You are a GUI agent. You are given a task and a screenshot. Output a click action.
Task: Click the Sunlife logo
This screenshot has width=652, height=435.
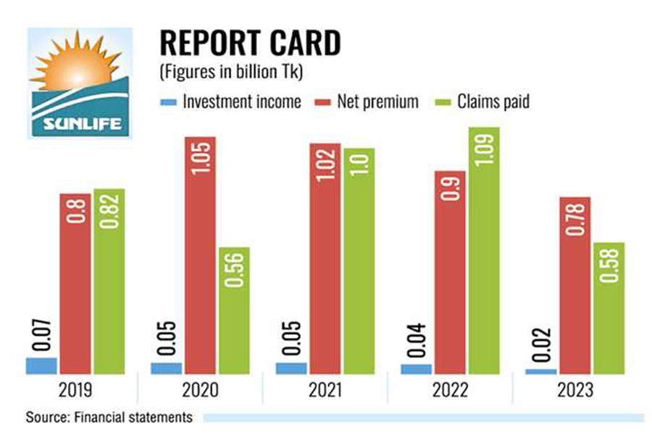[x=80, y=83]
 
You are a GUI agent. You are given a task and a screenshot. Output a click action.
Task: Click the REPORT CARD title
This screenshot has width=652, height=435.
[x=249, y=43]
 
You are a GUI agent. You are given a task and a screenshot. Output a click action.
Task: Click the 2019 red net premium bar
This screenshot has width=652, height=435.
[x=75, y=283]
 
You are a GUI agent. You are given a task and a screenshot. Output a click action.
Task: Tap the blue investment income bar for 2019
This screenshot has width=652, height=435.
[x=41, y=365]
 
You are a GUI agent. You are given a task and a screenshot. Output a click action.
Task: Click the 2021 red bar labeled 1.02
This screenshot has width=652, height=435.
[x=325, y=258]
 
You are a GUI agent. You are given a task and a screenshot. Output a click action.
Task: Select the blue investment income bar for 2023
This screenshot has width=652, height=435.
[x=541, y=371]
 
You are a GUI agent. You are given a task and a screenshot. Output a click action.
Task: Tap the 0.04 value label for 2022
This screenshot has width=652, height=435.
[x=416, y=336]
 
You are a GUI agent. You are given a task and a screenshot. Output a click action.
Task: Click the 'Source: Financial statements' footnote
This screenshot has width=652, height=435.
[x=109, y=417]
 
